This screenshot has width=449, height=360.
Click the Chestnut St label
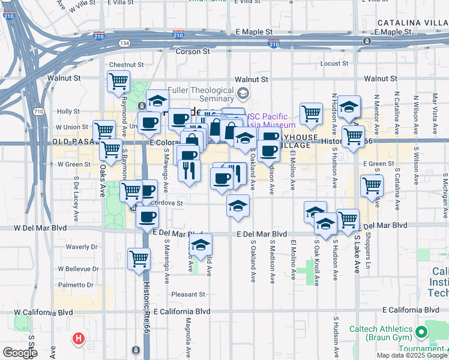pyautogui.click(x=126, y=65)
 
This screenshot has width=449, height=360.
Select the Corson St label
pyautogui.click(x=191, y=52)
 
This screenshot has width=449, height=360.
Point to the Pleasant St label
pyautogui.click(x=188, y=295)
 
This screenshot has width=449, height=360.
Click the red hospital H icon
pyautogui.click(x=77, y=340)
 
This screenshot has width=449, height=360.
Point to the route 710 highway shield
pyautogui.click(x=38, y=112)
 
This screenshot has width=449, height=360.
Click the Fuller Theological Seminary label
pyautogui.click(x=201, y=94)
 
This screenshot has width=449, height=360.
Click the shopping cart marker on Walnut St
pyautogui.click(x=118, y=81)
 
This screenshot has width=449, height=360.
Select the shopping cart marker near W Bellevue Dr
pyautogui.click(x=139, y=259)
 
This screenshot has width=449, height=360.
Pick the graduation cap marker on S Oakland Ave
pyautogui.click(x=238, y=206)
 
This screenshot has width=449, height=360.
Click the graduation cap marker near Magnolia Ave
pyautogui.click(x=201, y=245)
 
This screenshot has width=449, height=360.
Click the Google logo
pyautogui.click(x=20, y=353)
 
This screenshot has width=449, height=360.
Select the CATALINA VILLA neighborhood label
pyautogui.click(x=412, y=22)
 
